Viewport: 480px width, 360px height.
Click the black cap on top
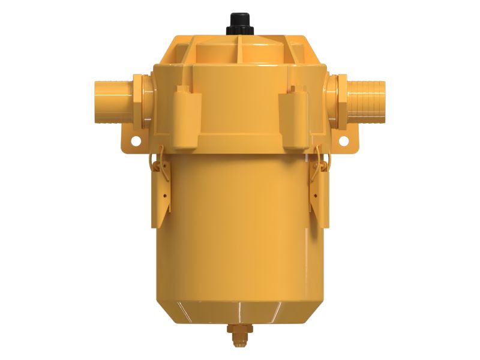tap(239, 23)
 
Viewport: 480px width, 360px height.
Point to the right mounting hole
tap(344, 141)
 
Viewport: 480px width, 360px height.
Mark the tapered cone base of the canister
tap(239, 309)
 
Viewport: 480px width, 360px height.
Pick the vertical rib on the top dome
tap(240, 48)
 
